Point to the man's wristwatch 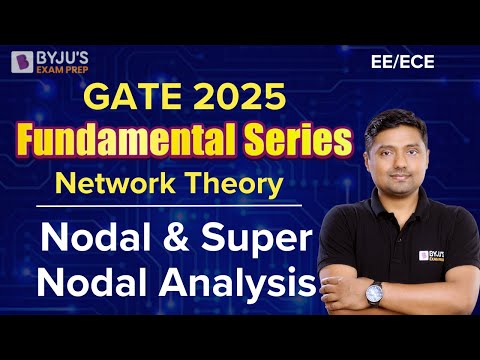click(x=374, y=292)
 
